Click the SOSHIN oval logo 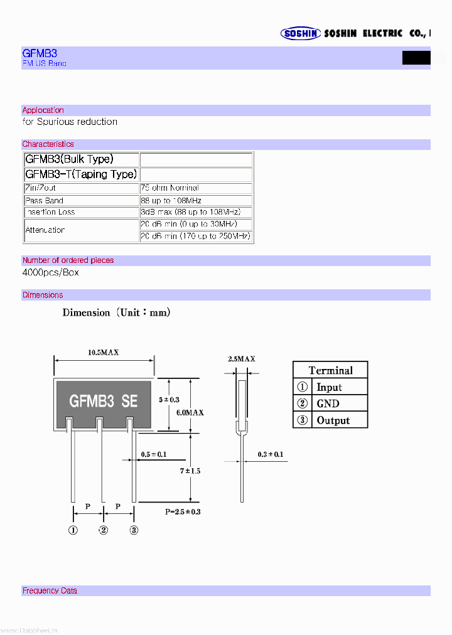click(301, 34)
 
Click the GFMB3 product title click(40, 54)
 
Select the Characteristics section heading click(48, 144)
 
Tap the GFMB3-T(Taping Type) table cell click(81, 174)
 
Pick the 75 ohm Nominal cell click(169, 188)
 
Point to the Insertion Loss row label click(50, 212)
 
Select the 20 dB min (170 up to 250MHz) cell click(195, 236)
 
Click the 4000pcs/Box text click(50, 273)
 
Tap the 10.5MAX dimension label click(104, 353)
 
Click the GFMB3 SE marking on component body click(103, 401)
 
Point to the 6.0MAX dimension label click(190, 412)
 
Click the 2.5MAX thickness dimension click(241, 359)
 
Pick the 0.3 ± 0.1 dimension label click(271, 454)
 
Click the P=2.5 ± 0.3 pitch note click(183, 511)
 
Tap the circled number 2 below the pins click(104, 530)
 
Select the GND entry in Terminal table click(328, 403)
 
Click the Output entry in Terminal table click(333, 420)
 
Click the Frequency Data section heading click(50, 590)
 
